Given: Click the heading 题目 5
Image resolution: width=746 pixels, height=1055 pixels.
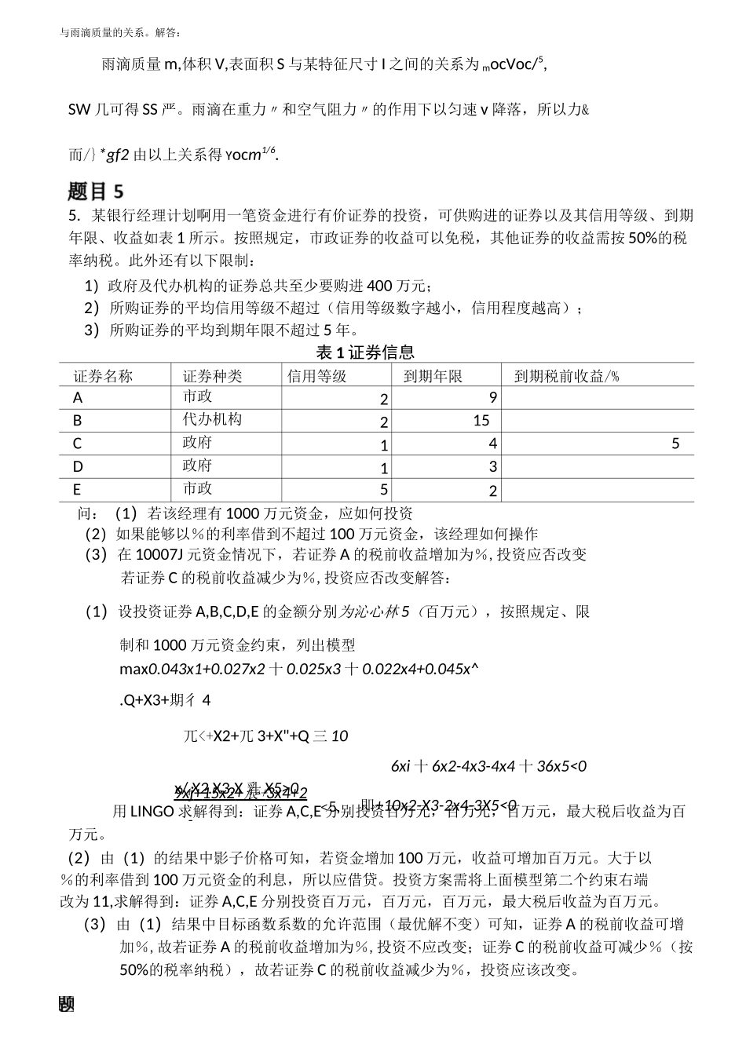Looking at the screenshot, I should coord(96,191).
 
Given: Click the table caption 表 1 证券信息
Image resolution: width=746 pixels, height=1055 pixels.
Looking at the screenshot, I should coord(365,352).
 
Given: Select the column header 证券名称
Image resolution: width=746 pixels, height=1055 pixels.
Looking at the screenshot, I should coord(103,377).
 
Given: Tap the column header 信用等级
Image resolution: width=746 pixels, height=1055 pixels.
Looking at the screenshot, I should coord(317,377).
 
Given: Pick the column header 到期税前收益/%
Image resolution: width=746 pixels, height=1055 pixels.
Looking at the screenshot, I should coord(566,377).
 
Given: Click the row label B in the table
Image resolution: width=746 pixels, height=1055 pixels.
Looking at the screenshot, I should coord(77,421).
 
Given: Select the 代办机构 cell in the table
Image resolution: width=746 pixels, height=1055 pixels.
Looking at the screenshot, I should coord(212,419).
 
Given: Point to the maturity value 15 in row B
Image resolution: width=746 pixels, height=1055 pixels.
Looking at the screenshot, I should coord(481,421).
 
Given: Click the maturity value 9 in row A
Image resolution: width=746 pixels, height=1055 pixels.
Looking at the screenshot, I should coord(493,397).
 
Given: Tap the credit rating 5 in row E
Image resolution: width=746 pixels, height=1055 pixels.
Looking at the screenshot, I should coord(384,490).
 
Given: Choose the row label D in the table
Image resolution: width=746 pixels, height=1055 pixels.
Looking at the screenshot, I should coord(78,467).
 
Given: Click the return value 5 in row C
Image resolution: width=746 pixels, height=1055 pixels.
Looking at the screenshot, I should coord(675,444).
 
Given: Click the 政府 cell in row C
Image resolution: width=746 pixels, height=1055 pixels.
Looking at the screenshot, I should coord(197,443).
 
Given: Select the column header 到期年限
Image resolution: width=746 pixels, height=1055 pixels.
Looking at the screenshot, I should coord(433,377).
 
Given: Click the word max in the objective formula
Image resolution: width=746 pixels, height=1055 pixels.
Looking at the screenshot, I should coord(133,670).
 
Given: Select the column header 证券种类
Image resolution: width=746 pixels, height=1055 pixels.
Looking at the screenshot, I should coord(212,377).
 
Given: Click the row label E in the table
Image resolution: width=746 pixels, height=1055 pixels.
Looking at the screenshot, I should coord(77,490).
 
